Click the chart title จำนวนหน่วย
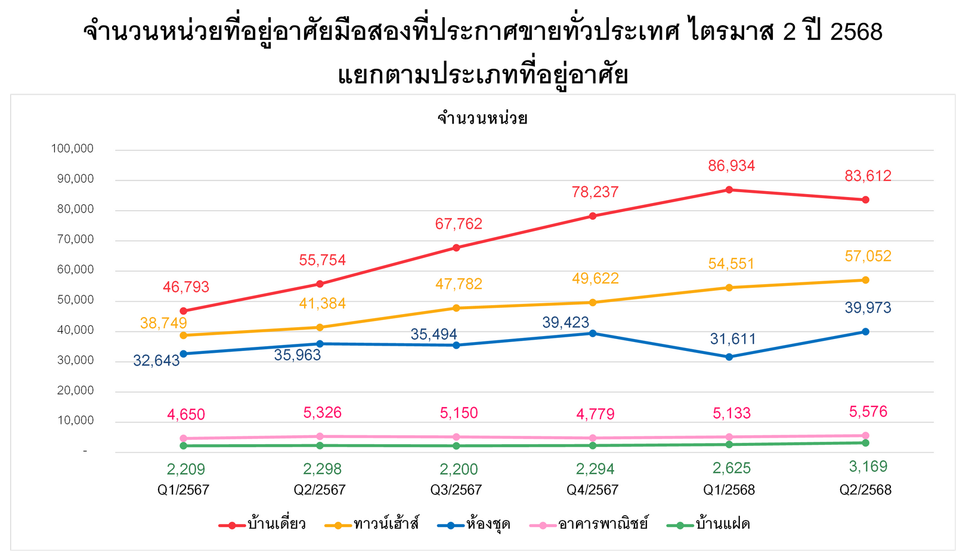coord(482,118)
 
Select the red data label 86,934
coord(731,166)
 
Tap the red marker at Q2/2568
coord(865,200)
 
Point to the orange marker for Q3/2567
coord(456,308)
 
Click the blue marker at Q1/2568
coord(729,357)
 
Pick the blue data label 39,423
coord(565,323)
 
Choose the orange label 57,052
coord(868,257)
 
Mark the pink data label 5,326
coord(322,413)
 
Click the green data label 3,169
coord(868,466)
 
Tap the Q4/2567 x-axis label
coord(592,490)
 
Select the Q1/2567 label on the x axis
coord(183,490)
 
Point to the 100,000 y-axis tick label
coord(72,149)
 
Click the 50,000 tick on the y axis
coord(75,300)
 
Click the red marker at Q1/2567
coord(183,311)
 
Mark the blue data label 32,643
coord(156,361)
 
